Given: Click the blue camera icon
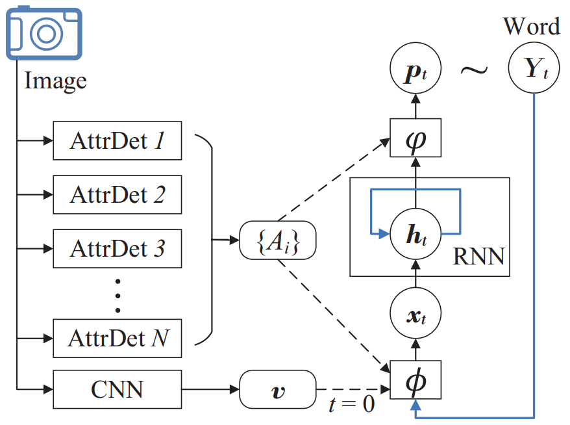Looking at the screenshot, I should point(44,33).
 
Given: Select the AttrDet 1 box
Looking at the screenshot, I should point(117,140).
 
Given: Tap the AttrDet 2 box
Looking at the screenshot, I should point(117,194).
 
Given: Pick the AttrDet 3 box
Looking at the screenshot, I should point(117,248).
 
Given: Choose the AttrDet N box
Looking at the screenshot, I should point(117,337).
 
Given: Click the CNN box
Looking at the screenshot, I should point(117,390).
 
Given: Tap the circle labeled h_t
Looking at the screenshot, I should point(415,233).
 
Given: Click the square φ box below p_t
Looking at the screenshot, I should point(415,138).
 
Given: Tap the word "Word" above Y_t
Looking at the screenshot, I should point(532,26).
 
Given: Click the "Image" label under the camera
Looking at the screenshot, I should point(55,81).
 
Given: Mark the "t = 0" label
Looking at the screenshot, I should point(351,405).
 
